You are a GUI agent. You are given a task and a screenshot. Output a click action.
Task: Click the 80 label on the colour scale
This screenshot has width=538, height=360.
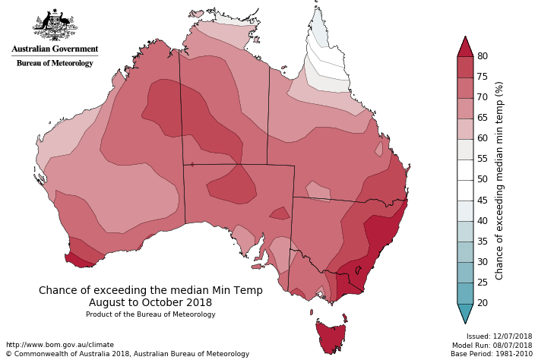(x=482, y=56)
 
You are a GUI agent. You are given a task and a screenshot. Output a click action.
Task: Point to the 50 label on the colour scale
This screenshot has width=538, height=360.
(x=482, y=180)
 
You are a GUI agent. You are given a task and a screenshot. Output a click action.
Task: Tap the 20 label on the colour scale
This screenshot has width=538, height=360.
(x=482, y=303)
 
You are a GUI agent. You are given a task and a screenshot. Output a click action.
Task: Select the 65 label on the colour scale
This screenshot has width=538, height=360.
(x=482, y=118)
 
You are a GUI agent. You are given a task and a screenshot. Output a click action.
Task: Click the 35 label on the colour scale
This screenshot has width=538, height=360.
(x=482, y=242)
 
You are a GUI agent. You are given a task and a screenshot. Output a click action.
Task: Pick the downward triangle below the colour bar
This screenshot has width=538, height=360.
(x=465, y=312)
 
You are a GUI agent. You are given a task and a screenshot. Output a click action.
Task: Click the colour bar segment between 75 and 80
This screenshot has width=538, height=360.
(x=465, y=67)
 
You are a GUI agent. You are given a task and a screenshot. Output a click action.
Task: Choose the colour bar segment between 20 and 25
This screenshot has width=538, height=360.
(x=465, y=292)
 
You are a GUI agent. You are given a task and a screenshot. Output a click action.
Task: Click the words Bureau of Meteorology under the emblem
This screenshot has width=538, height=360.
(x=55, y=63)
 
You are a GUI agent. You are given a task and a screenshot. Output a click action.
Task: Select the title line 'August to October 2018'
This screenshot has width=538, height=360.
(x=150, y=302)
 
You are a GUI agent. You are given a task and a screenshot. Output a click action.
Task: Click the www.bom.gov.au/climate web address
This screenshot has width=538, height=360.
(x=59, y=345)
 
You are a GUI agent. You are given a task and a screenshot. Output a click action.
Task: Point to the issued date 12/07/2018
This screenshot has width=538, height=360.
(x=512, y=336)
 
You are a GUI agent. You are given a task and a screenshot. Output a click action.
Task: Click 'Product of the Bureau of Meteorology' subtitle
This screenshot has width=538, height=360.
(x=150, y=314)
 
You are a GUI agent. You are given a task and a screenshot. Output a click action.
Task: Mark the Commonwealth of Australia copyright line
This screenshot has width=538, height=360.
(x=127, y=354)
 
